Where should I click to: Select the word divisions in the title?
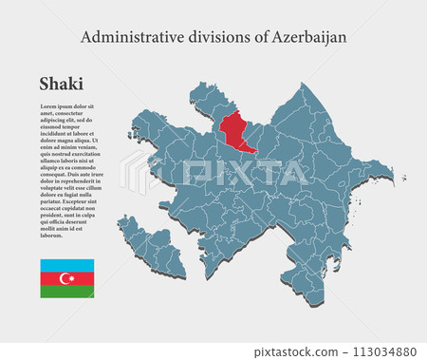[214, 37]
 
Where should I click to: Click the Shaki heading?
[61, 84]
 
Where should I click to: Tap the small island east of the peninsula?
[403, 178]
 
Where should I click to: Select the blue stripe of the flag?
[66, 265]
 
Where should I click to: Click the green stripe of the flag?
[66, 292]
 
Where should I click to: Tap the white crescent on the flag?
[65, 278]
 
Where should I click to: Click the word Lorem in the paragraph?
[48, 105]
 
